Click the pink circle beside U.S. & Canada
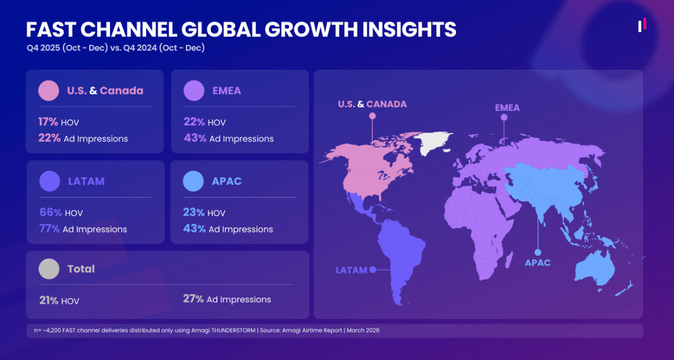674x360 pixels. [49, 90]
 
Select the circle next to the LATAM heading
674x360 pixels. [50, 181]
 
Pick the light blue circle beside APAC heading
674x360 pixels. [194, 181]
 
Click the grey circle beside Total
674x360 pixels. [49, 269]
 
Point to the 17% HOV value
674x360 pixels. [48, 122]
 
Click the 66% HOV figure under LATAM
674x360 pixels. [51, 213]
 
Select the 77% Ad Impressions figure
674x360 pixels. [51, 229]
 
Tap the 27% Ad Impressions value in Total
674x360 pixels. [193, 299]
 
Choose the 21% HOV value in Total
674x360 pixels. [48, 300]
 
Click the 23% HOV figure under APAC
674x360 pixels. [194, 213]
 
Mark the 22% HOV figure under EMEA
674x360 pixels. [194, 122]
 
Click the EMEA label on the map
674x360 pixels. [507, 108]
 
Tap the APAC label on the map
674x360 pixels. [538, 262]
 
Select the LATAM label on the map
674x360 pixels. [351, 270]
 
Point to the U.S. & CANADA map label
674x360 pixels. [372, 104]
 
